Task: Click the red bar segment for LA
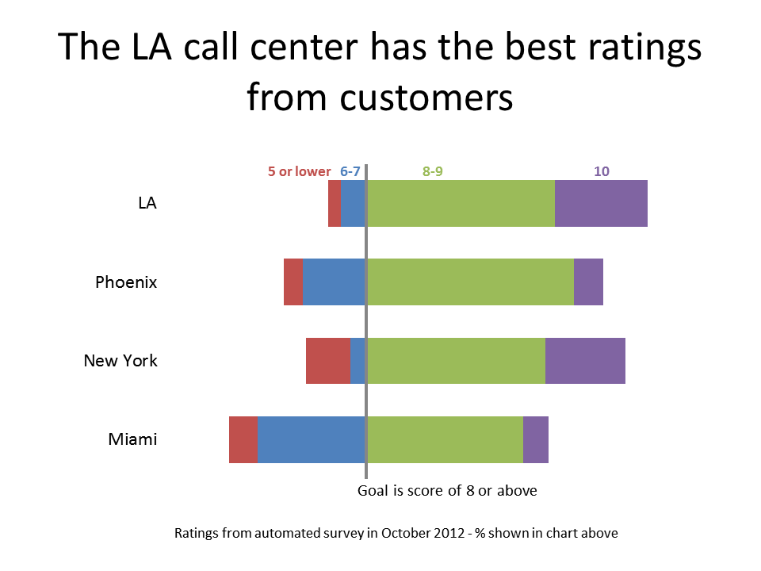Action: pos(335,203)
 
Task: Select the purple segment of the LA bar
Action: pos(601,203)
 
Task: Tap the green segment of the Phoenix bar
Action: pos(470,282)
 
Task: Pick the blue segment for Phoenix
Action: pos(334,282)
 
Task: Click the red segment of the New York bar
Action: pos(328,360)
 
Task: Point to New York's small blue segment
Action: pos(358,360)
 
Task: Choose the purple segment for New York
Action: pos(585,360)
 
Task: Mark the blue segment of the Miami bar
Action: pos(312,439)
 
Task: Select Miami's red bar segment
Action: pos(243,439)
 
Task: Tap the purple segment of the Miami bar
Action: pos(536,439)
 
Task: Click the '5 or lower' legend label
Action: pos(299,171)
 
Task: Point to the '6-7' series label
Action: pos(350,171)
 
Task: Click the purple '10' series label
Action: pos(602,171)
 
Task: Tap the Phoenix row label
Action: pos(126,282)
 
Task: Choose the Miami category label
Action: pos(132,439)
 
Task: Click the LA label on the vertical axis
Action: pos(147,203)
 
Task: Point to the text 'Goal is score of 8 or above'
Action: pos(447,491)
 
